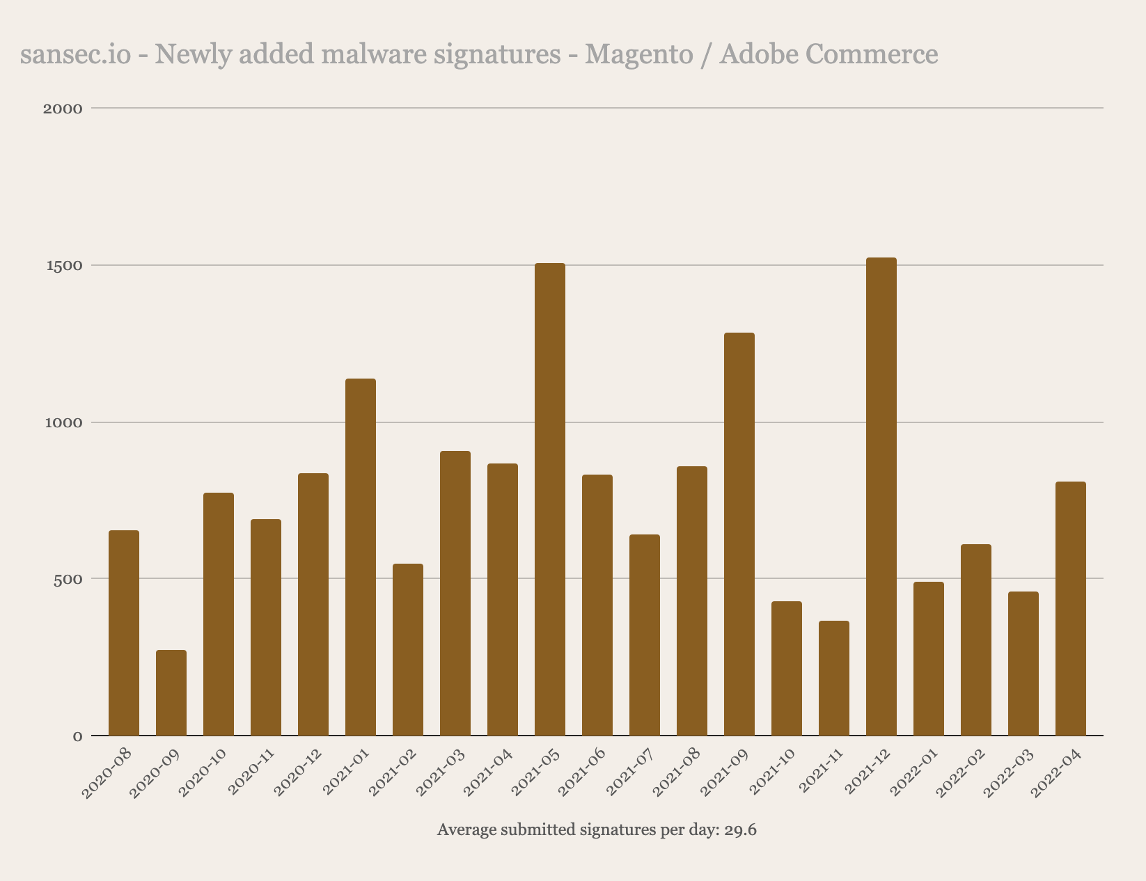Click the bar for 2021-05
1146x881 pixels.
click(549, 499)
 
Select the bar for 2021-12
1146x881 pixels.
click(881, 496)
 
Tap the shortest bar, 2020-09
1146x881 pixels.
click(171, 692)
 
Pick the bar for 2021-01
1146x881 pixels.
click(360, 557)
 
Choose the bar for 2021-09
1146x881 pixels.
click(739, 534)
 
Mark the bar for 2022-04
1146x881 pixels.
click(1070, 608)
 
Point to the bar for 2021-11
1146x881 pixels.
click(833, 678)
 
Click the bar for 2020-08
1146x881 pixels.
click(123, 633)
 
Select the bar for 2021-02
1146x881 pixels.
click(407, 649)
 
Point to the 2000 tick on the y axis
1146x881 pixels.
click(63, 109)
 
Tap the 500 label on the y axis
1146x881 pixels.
click(68, 579)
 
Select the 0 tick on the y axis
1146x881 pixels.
click(77, 736)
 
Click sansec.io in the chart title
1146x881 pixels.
click(75, 54)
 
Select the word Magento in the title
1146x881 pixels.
click(638, 54)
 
